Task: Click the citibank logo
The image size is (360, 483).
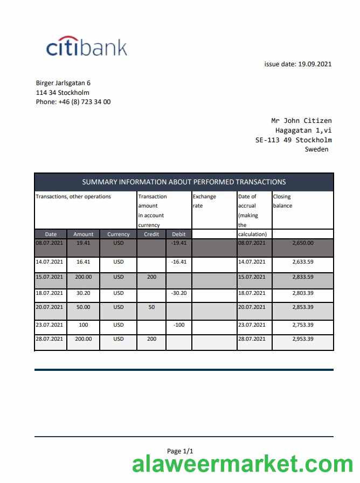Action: pos(87,47)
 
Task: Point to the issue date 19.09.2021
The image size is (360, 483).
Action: pos(297,64)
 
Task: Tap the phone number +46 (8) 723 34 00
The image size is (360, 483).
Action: pos(73,101)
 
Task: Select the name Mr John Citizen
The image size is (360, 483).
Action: pos(301,121)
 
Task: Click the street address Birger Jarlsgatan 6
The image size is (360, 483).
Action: pos(63,83)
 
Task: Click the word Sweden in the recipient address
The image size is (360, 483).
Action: pos(316,149)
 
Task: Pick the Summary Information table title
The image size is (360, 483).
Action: pos(184,182)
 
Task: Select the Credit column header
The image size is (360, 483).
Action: pos(151,234)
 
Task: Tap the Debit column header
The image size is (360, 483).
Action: pos(178,234)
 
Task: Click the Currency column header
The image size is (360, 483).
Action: pos(119,234)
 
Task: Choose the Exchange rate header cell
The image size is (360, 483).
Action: pos(204,201)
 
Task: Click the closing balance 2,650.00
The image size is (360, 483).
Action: pos(302,243)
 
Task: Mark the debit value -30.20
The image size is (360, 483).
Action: pos(178,293)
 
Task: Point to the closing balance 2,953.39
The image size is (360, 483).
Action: pos(302,339)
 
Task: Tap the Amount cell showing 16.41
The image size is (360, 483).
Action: pos(84,261)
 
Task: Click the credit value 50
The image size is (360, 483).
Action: pos(151,307)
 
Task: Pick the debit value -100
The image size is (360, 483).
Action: pos(178,325)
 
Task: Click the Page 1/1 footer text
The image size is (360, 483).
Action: pos(180,451)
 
